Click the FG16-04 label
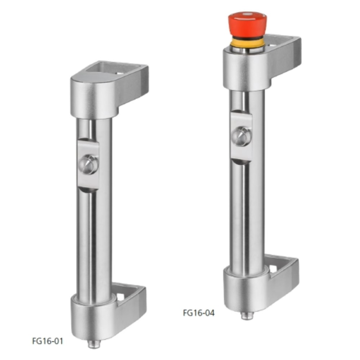(198, 313)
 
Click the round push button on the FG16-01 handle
(89, 165)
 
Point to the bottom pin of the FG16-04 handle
(246, 315)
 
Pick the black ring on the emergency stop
(247, 37)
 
